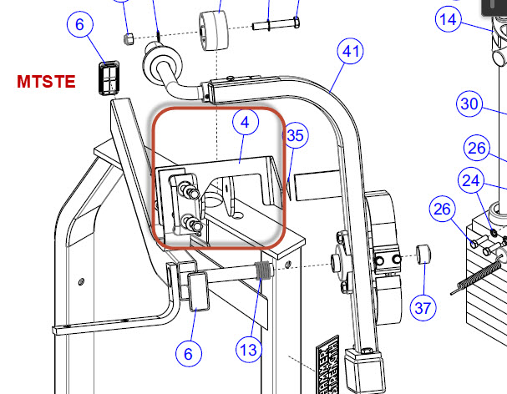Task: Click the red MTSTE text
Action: pyautogui.click(x=46, y=82)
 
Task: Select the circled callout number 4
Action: pyautogui.click(x=246, y=122)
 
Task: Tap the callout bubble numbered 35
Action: pyautogui.click(x=295, y=135)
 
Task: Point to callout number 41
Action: pyautogui.click(x=350, y=51)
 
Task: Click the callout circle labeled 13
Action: pyautogui.click(x=249, y=350)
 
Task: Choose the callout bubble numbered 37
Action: pyautogui.click(x=423, y=308)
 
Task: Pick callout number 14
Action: pyautogui.click(x=449, y=19)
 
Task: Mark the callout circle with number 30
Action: pyautogui.click(x=469, y=104)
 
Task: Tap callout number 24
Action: pyautogui.click(x=471, y=180)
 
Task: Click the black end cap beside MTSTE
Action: pyautogui.click(x=109, y=78)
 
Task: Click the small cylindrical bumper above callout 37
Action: pyautogui.click(x=423, y=255)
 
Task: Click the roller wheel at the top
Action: pyautogui.click(x=213, y=31)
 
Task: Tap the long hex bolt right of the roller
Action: pyautogui.click(x=276, y=24)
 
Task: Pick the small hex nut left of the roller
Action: pyautogui.click(x=129, y=38)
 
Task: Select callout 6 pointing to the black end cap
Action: pyautogui.click(x=80, y=24)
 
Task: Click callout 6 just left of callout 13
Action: pyautogui.click(x=189, y=354)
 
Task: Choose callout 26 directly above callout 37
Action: pyautogui.click(x=443, y=209)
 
